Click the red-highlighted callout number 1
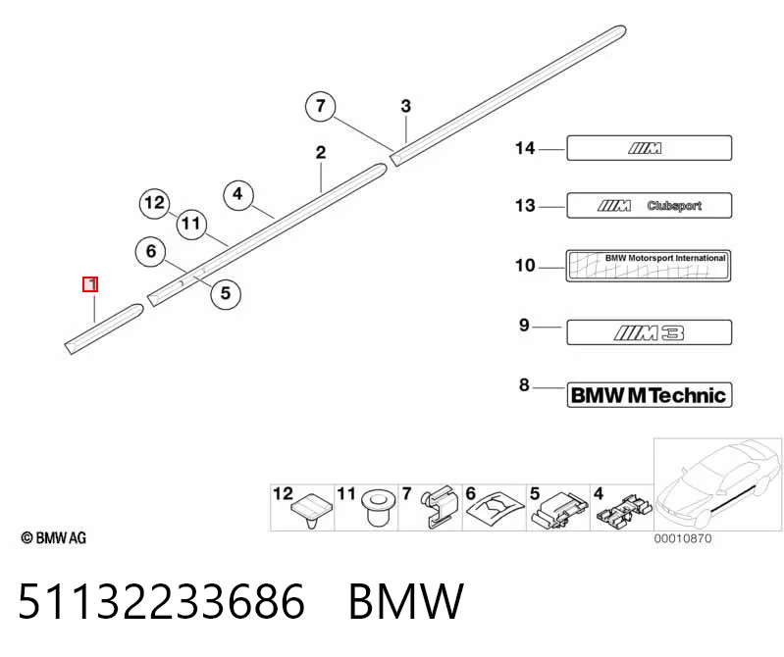point(90,284)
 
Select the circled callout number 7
point(321,106)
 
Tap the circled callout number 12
point(154,203)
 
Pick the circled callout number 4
point(238,194)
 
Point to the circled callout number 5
point(226,293)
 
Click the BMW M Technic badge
point(649,395)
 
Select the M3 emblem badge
point(649,332)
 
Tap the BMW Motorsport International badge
point(649,266)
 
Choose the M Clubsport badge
point(649,205)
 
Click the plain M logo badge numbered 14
point(649,148)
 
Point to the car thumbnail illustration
point(718,484)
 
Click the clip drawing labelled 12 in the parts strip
point(312,511)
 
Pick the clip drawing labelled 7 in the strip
point(440,507)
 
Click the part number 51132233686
point(161,601)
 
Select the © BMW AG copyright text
point(54,538)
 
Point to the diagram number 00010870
point(683,538)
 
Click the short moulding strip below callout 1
point(104,328)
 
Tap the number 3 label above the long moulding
point(406,106)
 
